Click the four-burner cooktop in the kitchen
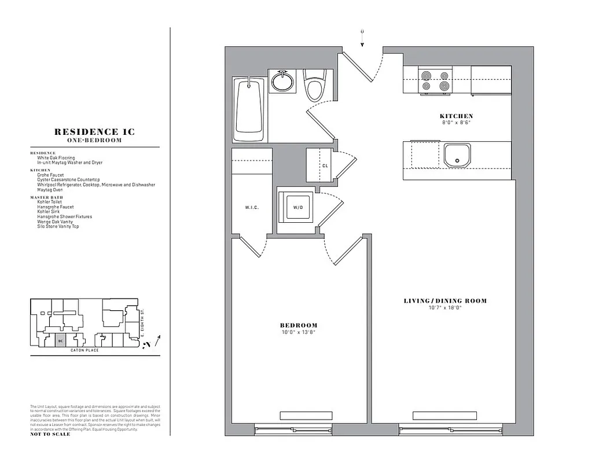click(x=435, y=80)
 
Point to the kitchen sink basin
click(x=457, y=155)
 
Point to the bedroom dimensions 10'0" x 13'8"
click(x=299, y=332)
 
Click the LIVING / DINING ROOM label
click(x=444, y=301)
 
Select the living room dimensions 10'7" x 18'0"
click(x=444, y=308)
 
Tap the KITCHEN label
click(x=456, y=116)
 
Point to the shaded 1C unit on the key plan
click(x=60, y=341)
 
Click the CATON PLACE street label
click(x=84, y=350)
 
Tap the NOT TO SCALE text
click(x=50, y=434)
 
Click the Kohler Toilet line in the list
click(x=50, y=202)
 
